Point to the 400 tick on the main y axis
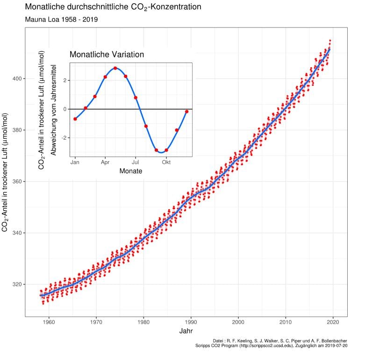16,78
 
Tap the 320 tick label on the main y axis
16,284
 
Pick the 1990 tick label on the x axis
191,322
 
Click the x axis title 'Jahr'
185,331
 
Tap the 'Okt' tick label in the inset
166,162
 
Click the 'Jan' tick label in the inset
75,162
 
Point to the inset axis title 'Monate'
131,171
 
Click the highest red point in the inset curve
115,68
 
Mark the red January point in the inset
75,119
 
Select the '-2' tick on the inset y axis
65,138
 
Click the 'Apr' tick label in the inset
105,162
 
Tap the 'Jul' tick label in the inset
136,162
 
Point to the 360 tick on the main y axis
16,181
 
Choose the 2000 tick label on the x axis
238,322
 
